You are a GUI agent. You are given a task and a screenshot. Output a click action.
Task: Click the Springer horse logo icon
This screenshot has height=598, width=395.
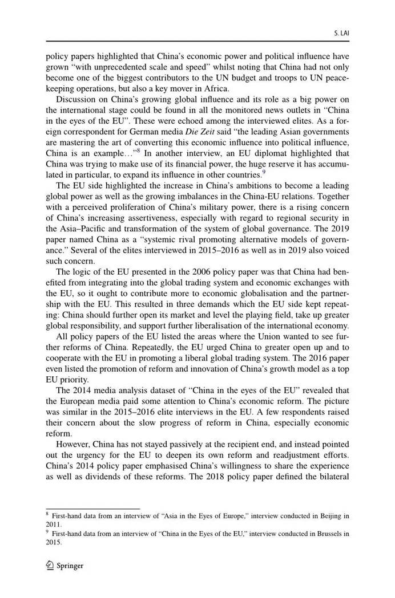[x=50, y=566]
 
